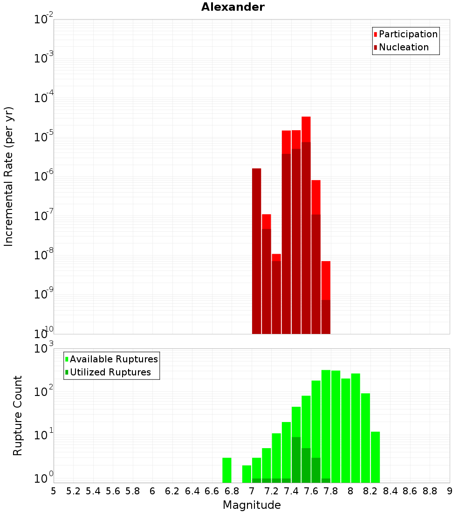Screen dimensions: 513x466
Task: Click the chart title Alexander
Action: [x=233, y=7]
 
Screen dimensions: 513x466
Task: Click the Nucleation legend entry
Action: [x=404, y=47]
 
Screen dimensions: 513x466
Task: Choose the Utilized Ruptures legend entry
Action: [x=110, y=372]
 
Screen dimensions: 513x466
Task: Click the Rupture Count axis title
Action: [x=18, y=416]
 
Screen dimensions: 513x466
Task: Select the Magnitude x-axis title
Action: [x=252, y=505]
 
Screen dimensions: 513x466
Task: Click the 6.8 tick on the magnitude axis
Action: [x=232, y=491]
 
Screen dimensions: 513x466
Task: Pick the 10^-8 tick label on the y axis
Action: [x=43, y=256]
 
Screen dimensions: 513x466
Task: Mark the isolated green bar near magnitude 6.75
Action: [x=227, y=470]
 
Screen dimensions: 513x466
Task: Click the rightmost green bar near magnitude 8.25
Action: [x=375, y=457]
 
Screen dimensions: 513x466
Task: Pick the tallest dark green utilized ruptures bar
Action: [x=296, y=459]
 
